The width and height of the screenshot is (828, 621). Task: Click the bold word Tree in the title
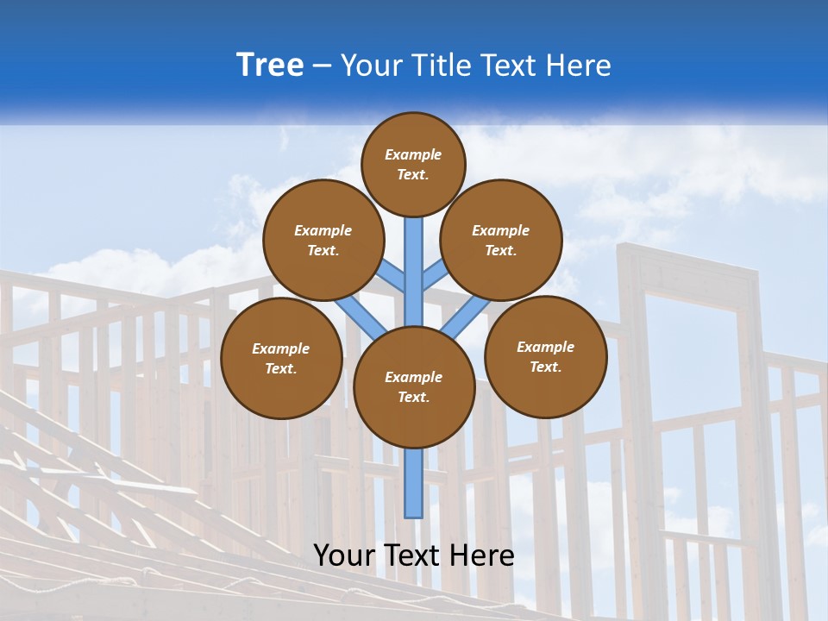point(270,66)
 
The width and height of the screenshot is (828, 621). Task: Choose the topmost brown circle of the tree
point(413,164)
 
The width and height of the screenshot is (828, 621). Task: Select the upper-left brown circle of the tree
point(323,240)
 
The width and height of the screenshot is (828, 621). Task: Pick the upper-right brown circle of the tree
point(501,240)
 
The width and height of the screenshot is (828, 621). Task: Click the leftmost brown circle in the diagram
point(281,358)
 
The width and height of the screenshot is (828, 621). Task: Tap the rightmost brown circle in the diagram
point(546,356)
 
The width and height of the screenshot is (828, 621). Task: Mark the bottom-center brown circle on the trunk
point(414,386)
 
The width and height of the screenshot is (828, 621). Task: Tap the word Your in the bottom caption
point(342,555)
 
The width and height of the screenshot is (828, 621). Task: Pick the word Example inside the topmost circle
point(413,154)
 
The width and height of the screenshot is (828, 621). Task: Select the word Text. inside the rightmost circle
point(545,367)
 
